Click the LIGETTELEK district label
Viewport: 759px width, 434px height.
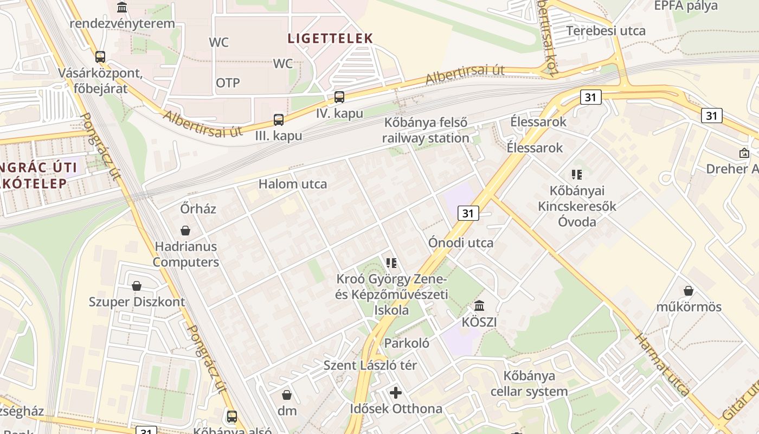pos(330,38)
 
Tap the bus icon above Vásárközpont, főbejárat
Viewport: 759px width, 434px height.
pos(100,56)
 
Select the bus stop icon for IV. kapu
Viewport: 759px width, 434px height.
pos(339,97)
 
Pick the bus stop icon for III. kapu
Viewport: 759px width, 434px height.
pos(279,119)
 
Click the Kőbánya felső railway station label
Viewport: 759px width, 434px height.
pos(426,130)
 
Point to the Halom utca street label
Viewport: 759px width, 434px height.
pos(293,184)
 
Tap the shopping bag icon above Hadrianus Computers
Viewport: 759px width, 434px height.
pos(185,231)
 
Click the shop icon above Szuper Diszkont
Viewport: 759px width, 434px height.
pos(137,286)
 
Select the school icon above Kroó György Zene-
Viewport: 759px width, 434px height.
pos(391,263)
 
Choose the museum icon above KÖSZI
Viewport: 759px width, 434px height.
pos(479,306)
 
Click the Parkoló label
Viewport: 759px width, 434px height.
pos(407,343)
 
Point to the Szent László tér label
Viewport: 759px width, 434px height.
pos(370,365)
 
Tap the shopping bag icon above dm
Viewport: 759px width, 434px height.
pos(287,395)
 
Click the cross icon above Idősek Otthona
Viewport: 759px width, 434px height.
pos(396,392)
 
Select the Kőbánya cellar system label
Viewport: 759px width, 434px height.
pos(529,384)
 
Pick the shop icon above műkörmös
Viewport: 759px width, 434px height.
pos(689,291)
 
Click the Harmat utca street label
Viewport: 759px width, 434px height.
pos(662,365)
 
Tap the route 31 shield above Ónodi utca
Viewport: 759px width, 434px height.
pos(468,213)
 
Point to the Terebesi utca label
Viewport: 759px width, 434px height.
pos(606,30)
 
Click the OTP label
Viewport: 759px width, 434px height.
pos(228,83)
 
